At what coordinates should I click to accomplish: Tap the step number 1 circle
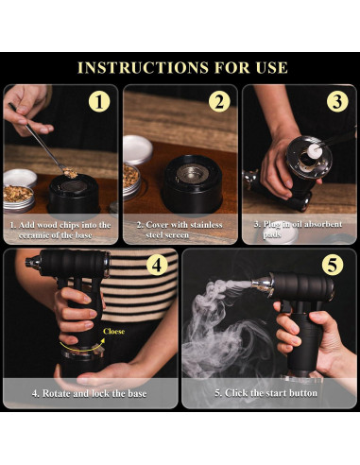99,102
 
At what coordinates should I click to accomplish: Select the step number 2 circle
219,102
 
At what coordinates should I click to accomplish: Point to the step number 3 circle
337,101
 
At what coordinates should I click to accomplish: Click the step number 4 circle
157,265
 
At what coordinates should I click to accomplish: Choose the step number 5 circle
333,265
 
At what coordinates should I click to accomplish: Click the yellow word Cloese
113,331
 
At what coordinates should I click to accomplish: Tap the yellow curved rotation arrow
81,349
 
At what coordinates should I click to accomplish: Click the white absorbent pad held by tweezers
315,152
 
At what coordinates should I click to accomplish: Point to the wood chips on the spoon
70,172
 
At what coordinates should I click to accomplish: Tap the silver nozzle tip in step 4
33,262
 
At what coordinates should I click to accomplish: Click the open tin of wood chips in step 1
18,198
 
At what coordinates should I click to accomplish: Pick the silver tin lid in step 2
137,149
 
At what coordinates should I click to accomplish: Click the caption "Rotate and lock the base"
89,393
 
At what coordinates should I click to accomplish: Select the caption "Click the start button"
266,393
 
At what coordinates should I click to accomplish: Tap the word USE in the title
271,67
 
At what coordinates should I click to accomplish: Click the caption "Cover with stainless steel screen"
180,230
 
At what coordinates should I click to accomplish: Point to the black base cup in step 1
74,196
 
